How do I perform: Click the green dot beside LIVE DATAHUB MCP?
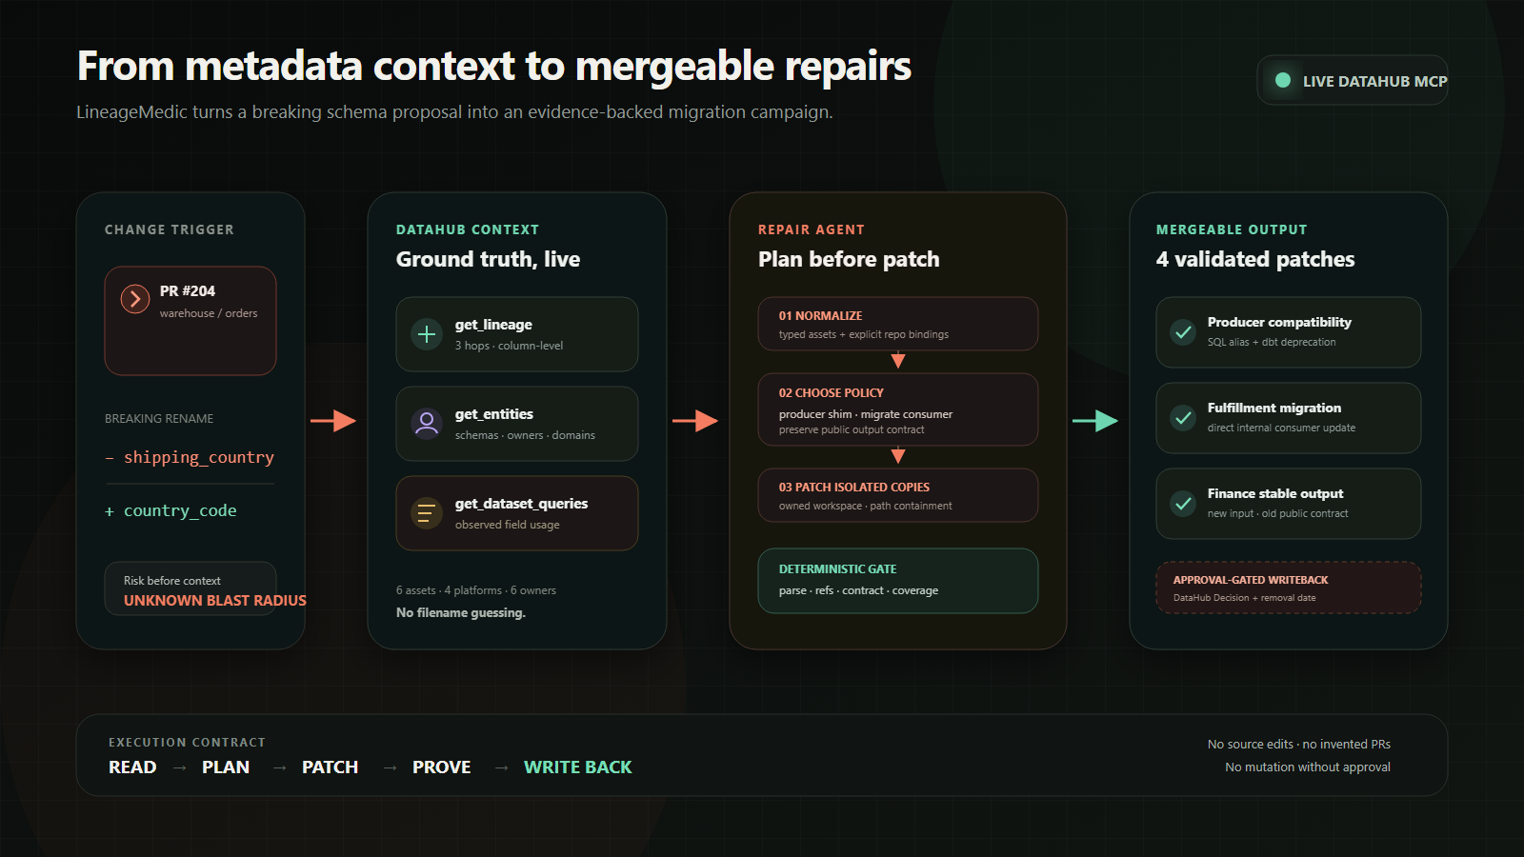pos(1283,80)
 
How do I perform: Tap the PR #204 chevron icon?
pos(135,299)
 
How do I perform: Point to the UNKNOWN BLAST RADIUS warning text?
pos(215,601)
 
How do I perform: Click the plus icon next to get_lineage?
pos(427,334)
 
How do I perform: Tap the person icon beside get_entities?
pos(427,423)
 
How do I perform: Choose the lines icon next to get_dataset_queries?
pos(427,513)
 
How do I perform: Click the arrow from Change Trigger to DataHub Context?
pos(333,421)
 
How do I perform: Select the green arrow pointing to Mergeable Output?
pos(1095,421)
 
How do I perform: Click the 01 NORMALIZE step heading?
pos(820,315)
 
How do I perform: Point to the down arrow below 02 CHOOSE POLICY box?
pos(898,455)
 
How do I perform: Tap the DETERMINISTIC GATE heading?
pos(837,568)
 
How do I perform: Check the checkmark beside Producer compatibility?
pos(1183,332)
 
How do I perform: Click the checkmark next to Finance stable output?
pos(1183,504)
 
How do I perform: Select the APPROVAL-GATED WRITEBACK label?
pos(1251,580)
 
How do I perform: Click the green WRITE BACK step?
pos(577,767)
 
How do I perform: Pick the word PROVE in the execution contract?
pos(442,767)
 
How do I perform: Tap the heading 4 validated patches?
pos(1255,259)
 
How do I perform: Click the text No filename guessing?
pos(461,613)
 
